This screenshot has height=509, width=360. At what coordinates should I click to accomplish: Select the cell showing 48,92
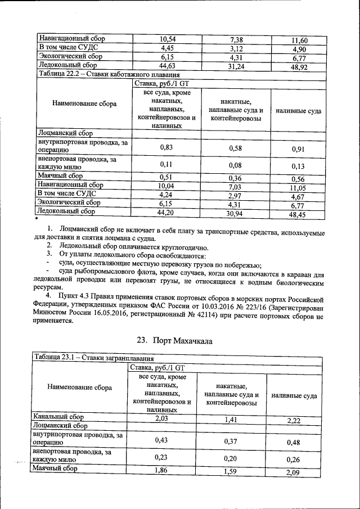pos(299,66)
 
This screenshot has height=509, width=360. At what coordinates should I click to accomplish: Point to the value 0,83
pos(166,147)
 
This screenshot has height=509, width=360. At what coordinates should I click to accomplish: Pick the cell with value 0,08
pos(236,165)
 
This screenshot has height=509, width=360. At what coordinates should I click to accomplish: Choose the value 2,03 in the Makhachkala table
pos(161,418)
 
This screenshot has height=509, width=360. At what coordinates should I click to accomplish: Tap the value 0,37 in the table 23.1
pos(232,442)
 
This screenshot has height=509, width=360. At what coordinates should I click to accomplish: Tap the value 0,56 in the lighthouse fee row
pos(298,179)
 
